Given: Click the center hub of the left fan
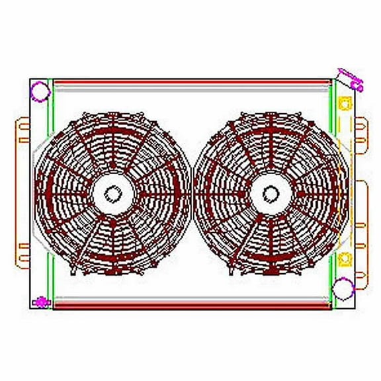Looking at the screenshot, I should click(113, 194).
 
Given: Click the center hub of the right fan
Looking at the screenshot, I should click(271, 194).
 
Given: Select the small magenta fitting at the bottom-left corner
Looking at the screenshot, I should click(42, 303).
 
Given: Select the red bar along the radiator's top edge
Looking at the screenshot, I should click(192, 83).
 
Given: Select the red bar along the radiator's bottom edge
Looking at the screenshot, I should click(192, 306).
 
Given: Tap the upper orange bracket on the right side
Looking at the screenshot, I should click(361, 132).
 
